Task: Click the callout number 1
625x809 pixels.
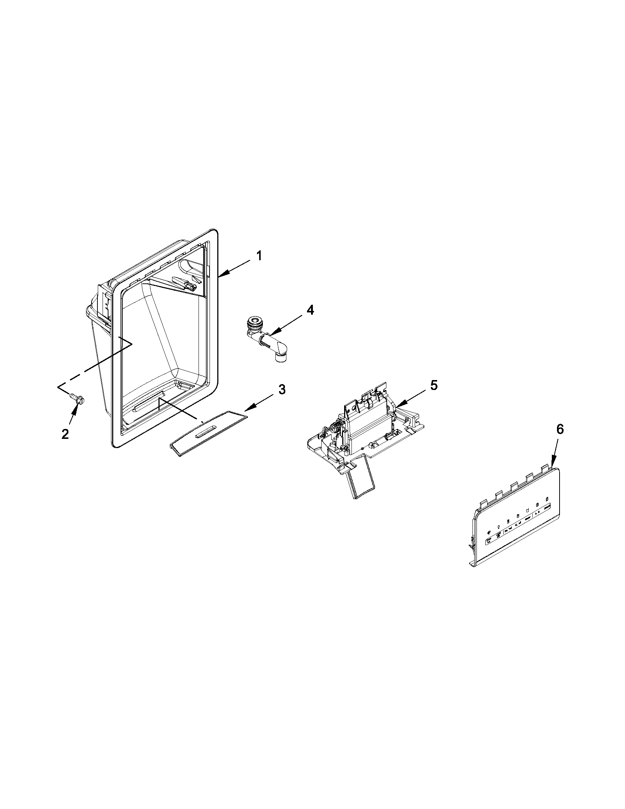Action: (259, 256)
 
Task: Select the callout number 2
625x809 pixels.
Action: (65, 434)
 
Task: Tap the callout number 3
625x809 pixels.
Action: (282, 389)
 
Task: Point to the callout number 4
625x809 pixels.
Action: (310, 310)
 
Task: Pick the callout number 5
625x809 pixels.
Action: (434, 385)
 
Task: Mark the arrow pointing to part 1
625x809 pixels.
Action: (233, 269)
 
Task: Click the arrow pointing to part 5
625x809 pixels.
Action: (411, 397)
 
